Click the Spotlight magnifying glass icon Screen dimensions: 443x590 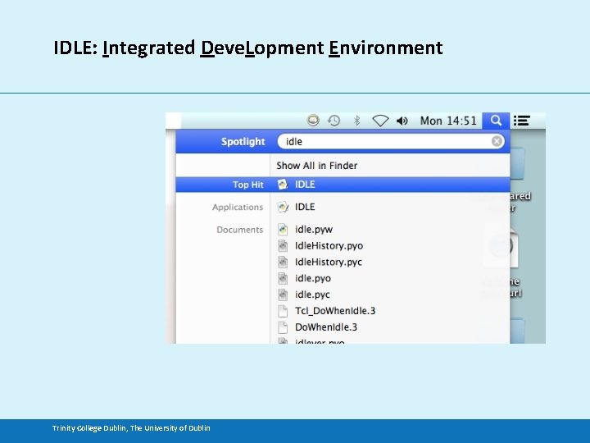click(496, 121)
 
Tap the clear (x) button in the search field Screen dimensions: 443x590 click(497, 142)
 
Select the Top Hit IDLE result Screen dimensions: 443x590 click(305, 185)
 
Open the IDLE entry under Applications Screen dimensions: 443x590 click(305, 207)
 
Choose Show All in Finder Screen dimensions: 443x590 click(316, 165)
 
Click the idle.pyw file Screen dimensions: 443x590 click(313, 230)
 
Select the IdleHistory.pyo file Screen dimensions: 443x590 click(328, 246)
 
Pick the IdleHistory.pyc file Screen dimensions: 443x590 click(328, 263)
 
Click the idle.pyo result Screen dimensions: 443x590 click(313, 279)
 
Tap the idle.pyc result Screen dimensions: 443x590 click(312, 295)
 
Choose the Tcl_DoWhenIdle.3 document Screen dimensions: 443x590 click(334, 311)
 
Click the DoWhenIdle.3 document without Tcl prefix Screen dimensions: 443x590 click(325, 327)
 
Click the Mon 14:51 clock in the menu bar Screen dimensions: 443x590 click(447, 121)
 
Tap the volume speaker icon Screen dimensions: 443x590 click(402, 121)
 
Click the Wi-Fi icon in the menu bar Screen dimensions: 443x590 click(380, 121)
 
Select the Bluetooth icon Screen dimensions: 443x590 click(356, 121)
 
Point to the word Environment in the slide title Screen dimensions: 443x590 click(385, 48)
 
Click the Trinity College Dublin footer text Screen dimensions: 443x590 click(131, 427)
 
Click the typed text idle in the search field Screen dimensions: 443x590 click(294, 142)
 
